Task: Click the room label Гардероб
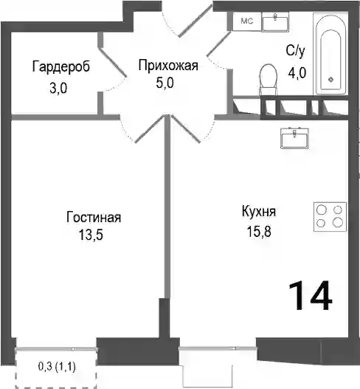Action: (x=60, y=66)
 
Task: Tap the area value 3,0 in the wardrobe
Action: (x=58, y=89)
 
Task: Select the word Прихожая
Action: (x=168, y=66)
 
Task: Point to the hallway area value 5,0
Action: (x=165, y=83)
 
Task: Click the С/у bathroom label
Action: (x=295, y=51)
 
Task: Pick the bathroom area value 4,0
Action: (x=297, y=73)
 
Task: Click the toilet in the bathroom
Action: (x=268, y=80)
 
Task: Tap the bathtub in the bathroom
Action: (x=330, y=54)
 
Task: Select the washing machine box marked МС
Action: (x=247, y=21)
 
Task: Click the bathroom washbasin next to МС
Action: (x=275, y=22)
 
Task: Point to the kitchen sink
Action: (x=294, y=138)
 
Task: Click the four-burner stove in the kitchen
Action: (x=330, y=217)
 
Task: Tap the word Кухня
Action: (x=259, y=212)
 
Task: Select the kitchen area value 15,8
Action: (x=259, y=232)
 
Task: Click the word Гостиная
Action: (x=94, y=217)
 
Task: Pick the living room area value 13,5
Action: (x=91, y=235)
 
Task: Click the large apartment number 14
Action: (x=310, y=296)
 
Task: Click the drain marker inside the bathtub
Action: (x=330, y=80)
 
